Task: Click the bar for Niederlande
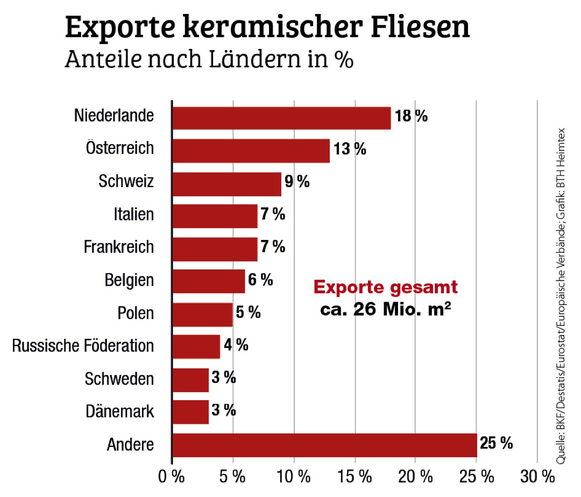point(281,118)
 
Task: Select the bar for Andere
point(324,445)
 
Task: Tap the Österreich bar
point(251,151)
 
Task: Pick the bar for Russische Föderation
point(196,346)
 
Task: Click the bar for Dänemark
point(190,412)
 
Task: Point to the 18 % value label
point(411,116)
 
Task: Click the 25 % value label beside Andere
point(495,444)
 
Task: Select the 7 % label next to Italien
point(273,215)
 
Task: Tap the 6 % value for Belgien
point(260,280)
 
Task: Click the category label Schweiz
point(126,182)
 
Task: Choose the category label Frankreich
point(118,247)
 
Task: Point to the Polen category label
point(135,313)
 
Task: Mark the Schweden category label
point(119,379)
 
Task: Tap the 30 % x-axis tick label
point(537,477)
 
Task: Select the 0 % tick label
point(172,477)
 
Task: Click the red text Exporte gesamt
point(386,288)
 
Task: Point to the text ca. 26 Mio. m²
point(386,310)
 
